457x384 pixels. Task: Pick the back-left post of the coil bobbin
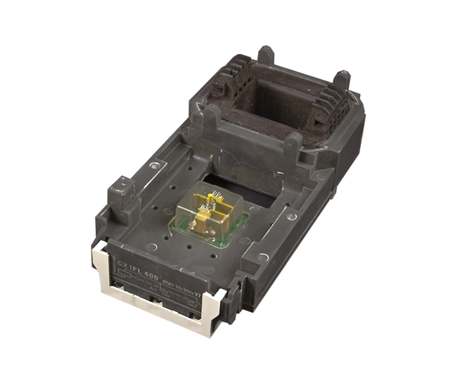267,55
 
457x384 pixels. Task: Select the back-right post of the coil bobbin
342,81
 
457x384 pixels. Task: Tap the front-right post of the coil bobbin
291,147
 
